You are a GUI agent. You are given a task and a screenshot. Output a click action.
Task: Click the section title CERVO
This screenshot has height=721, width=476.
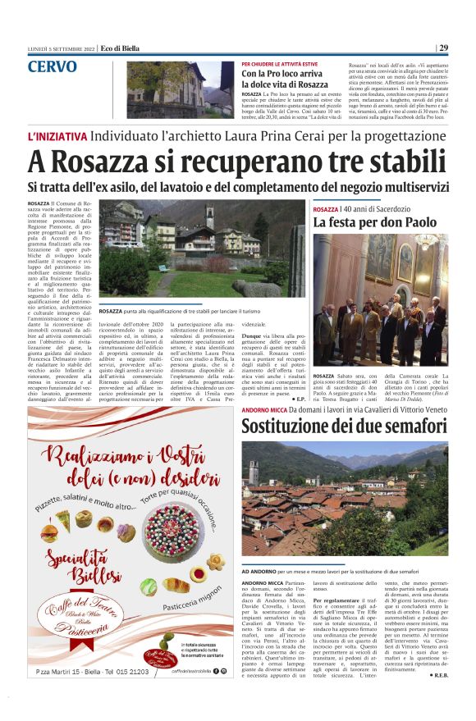[53, 67]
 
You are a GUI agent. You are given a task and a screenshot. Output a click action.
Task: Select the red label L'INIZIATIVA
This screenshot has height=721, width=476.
[57, 135]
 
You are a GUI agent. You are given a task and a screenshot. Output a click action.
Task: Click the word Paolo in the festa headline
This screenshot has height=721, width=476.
[419, 222]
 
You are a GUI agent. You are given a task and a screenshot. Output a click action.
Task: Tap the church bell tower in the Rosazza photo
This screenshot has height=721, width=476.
[210, 217]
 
